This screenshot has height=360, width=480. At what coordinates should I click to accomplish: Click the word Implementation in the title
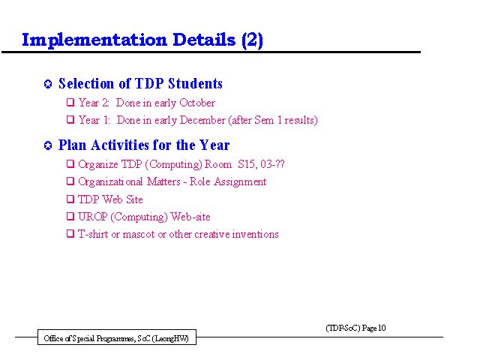click(94, 40)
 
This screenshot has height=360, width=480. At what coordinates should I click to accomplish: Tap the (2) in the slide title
click(252, 40)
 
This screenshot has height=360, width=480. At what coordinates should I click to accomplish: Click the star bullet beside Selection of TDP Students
click(48, 84)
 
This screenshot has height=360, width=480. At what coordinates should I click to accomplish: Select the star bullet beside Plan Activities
click(48, 145)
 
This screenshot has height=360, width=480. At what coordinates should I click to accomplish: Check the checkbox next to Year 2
click(70, 102)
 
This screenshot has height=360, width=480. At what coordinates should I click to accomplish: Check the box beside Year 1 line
click(70, 119)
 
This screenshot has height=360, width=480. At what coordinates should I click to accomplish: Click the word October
click(197, 103)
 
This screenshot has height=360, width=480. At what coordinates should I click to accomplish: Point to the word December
click(202, 120)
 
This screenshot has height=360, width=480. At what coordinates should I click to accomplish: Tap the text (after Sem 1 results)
click(273, 120)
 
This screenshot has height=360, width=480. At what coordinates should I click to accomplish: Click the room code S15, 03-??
click(261, 164)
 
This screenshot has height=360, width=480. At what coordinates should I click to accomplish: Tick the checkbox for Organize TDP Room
click(70, 163)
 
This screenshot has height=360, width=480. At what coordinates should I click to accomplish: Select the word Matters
click(163, 181)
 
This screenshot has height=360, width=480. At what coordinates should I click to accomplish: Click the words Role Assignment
click(228, 181)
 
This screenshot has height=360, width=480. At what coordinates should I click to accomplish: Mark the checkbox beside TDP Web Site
click(70, 199)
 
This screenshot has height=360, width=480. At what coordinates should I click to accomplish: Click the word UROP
click(93, 217)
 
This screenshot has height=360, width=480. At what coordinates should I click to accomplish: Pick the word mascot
click(139, 235)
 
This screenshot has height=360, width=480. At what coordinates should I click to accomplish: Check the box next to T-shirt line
click(70, 234)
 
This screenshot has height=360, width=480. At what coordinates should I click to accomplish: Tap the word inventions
click(255, 235)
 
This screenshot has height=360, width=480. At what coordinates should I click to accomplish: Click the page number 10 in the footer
click(382, 328)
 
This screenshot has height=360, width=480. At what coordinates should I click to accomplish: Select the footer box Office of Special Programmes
click(117, 337)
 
